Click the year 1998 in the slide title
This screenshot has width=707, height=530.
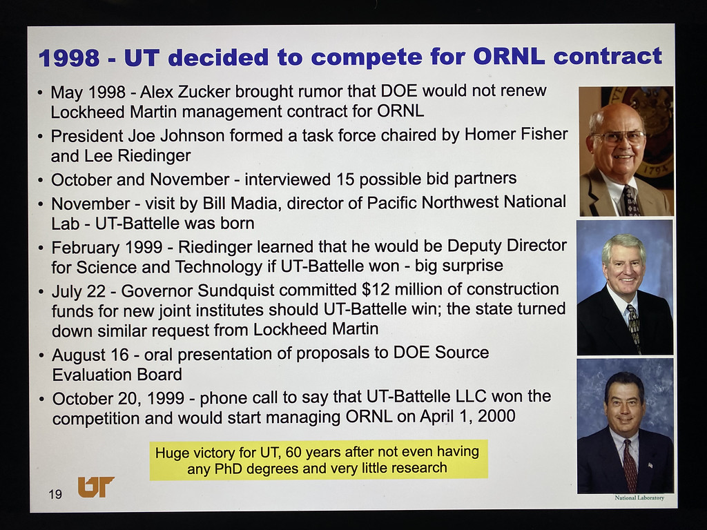click(69, 58)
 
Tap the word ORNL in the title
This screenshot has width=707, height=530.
click(509, 57)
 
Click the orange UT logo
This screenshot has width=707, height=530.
click(96, 487)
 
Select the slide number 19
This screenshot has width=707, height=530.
click(55, 494)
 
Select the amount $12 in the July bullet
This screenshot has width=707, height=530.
click(374, 289)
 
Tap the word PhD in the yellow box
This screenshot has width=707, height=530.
click(228, 469)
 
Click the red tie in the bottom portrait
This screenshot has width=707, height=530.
click(630, 466)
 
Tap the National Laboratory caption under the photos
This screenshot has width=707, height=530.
click(639, 498)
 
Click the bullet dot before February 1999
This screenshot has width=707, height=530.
click(41, 248)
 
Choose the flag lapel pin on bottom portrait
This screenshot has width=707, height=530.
click(650, 464)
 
